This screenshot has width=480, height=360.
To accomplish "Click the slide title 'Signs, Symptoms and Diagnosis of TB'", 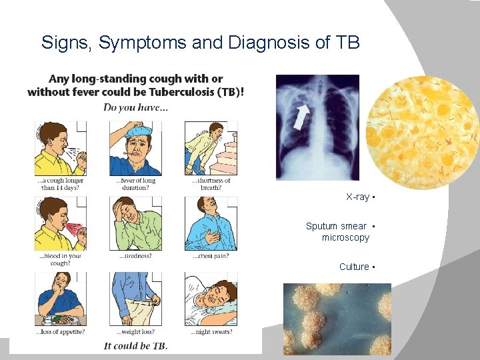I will pyautogui.click(x=200, y=43).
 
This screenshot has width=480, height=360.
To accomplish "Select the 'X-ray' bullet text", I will pyautogui.click(x=357, y=197).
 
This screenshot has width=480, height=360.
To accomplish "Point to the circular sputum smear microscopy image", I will pyautogui.click(x=422, y=129).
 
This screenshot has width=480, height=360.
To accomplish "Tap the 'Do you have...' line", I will pyautogui.click(x=135, y=107).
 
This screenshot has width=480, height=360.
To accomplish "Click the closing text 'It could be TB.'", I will pyautogui.click(x=135, y=345).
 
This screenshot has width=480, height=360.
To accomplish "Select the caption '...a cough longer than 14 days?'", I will pyautogui.click(x=60, y=184).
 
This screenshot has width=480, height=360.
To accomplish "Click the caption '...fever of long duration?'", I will pyautogui.click(x=135, y=184).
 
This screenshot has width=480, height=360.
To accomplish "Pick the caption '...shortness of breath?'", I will pyautogui.click(x=211, y=184).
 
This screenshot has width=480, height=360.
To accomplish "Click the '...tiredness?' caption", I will pyautogui.click(x=135, y=256).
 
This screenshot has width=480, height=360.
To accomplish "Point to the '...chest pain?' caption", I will pyautogui.click(x=211, y=256).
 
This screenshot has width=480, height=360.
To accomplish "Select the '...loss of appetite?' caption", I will pyautogui.click(x=60, y=331).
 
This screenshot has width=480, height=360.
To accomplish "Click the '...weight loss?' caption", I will pyautogui.click(x=135, y=331).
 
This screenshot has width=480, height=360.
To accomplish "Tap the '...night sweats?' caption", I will pyautogui.click(x=211, y=331).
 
